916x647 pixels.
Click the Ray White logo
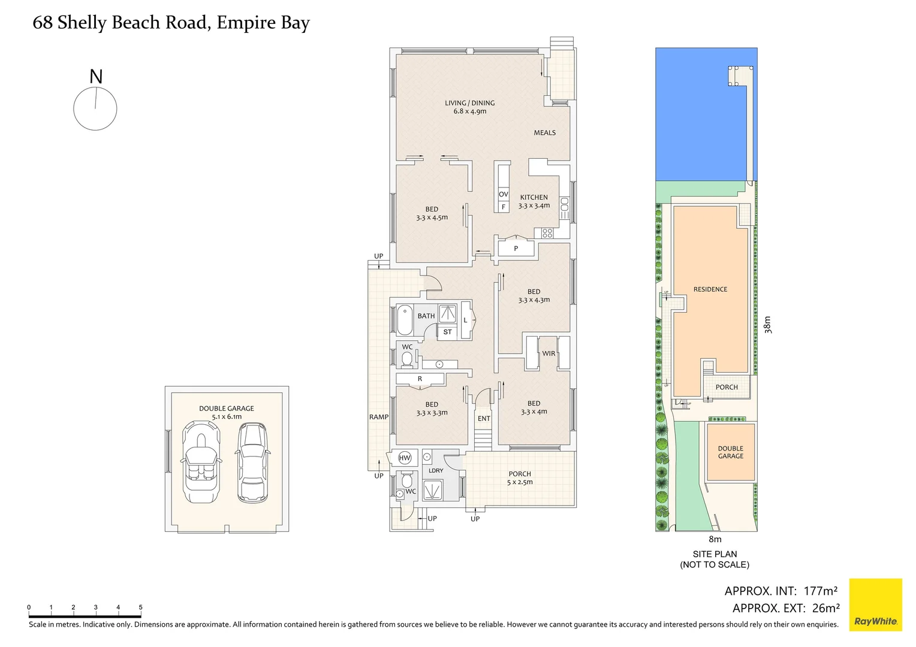[875, 604]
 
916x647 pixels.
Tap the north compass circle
[95, 108]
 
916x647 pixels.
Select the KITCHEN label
[534, 197]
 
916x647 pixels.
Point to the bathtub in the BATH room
[405, 320]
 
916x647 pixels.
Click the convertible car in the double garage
[202, 462]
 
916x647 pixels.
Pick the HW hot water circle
[405, 458]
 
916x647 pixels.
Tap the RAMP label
[378, 417]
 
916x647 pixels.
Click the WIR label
[549, 353]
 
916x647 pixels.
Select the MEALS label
[544, 133]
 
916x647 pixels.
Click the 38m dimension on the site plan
[768, 324]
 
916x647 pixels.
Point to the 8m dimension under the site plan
[715, 539]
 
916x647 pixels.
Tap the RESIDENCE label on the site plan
[710, 289]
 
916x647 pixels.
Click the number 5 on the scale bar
[140, 607]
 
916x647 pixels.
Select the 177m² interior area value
[820, 591]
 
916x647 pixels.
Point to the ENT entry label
[484, 419]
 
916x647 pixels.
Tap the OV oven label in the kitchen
[503, 194]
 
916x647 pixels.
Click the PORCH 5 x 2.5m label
[519, 477]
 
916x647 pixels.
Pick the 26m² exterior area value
[825, 608]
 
